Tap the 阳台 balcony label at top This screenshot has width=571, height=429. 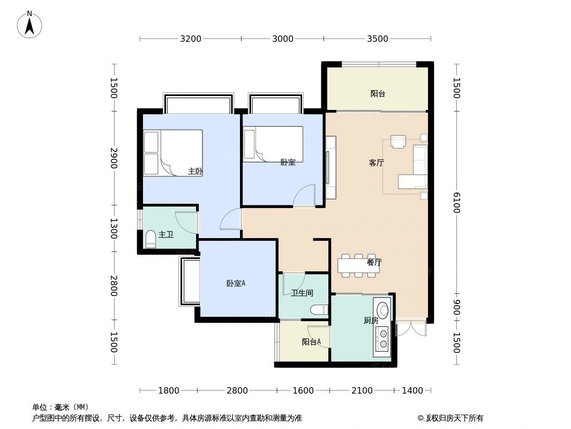(x=378, y=94)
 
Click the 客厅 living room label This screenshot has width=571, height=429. (x=376, y=163)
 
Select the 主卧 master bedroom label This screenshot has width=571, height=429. (x=195, y=172)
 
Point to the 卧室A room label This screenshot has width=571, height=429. (x=236, y=283)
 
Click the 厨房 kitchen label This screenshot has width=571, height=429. (x=371, y=321)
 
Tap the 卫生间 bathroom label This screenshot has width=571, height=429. (x=302, y=293)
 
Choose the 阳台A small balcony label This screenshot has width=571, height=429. (x=311, y=342)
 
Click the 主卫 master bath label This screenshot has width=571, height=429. (x=166, y=235)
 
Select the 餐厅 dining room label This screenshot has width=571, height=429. (x=374, y=263)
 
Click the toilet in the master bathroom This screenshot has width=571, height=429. (x=151, y=239)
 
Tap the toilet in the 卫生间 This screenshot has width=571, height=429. (x=319, y=309)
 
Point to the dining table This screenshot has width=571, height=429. (x=359, y=265)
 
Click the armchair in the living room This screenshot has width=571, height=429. (x=398, y=141)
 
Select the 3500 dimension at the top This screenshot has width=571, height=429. (x=378, y=39)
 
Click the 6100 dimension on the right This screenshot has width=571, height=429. (x=456, y=203)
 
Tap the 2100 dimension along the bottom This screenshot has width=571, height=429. (x=362, y=390)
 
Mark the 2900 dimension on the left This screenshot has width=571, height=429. (x=114, y=158)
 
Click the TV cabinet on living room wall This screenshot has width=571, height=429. (x=330, y=167)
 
